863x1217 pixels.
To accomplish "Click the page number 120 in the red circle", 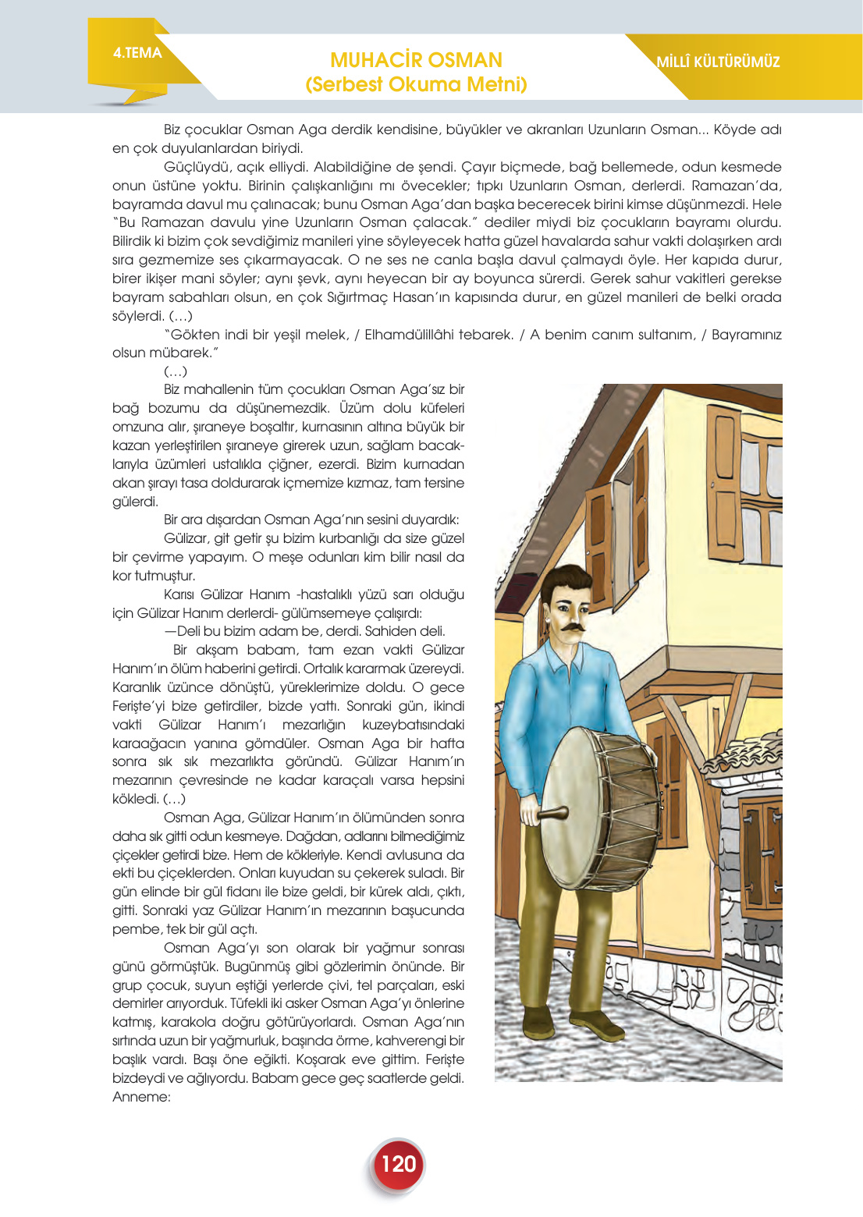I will click(398, 1164).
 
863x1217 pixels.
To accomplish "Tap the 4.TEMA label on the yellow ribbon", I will click(137, 53).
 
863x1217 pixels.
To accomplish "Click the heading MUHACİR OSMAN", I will click(416, 60).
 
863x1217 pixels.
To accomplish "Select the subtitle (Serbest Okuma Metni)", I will click(416, 84).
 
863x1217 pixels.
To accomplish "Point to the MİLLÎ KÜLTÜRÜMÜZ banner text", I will click(718, 62).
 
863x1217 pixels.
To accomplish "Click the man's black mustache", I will click(569, 626).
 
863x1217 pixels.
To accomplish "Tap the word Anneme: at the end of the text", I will click(141, 1097).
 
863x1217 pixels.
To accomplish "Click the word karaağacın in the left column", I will click(148, 743).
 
